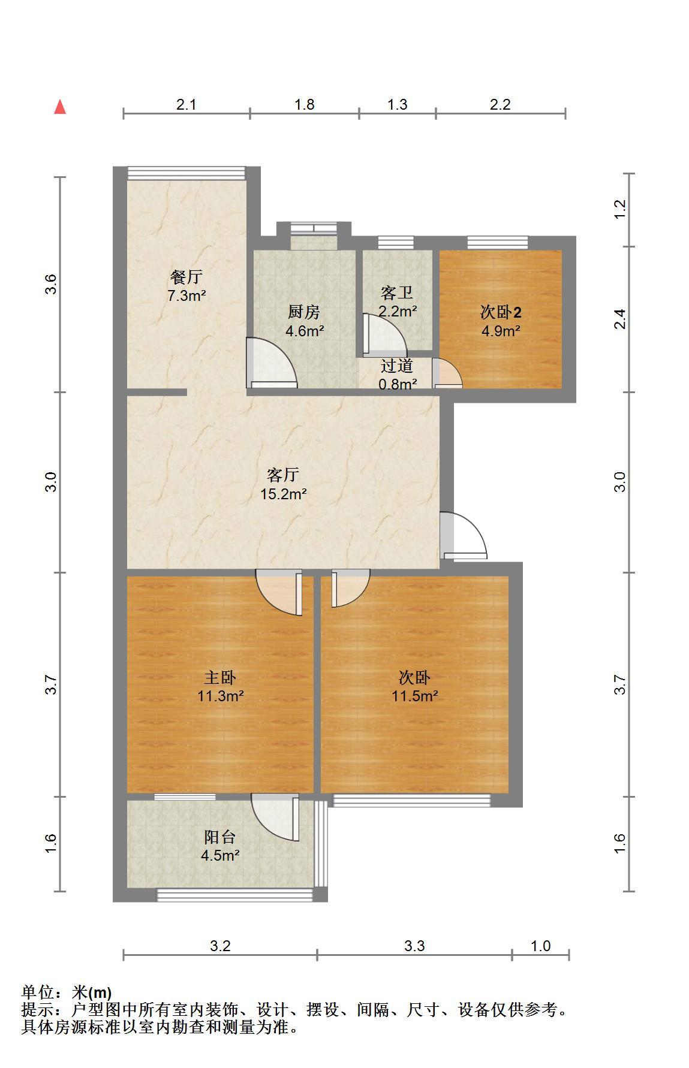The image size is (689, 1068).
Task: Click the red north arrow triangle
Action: pos(60,107)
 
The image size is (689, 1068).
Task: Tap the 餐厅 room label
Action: pos(186,277)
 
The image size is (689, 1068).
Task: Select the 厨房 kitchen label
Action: pos(304,312)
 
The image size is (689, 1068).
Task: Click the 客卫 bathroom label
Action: pos(397,293)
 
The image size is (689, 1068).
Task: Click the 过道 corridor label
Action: pos(397,365)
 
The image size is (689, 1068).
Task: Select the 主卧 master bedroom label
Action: pos(220,677)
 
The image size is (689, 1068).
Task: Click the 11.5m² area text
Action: pos(415,696)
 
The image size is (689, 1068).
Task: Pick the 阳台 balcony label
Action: pos(220,837)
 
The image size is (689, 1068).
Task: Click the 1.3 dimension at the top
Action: pos(397,104)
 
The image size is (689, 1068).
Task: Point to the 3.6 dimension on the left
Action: pos(52,283)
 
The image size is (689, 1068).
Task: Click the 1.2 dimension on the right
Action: pos(621,209)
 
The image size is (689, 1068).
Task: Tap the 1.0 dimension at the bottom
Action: pos(540,946)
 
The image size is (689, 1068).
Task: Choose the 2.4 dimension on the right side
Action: pos(621,318)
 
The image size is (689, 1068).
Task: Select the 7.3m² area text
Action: pos(186,295)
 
